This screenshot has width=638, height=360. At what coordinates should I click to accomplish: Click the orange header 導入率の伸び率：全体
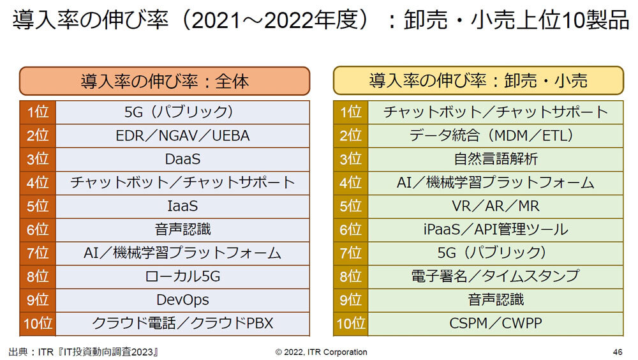coord(165,81)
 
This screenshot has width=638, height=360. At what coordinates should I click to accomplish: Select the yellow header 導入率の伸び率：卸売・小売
coord(478,81)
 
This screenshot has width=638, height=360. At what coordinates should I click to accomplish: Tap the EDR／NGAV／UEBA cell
coord(182,136)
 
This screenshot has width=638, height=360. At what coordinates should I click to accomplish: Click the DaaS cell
coord(182,160)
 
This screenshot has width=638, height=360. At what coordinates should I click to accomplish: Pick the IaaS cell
coord(182,206)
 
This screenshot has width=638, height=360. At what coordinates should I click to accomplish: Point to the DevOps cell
coord(182,299)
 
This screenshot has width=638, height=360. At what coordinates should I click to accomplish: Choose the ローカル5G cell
coord(182,276)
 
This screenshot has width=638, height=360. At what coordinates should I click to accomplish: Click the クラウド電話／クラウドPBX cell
coord(182,323)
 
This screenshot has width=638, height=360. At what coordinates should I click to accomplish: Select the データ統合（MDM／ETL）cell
coord(496,136)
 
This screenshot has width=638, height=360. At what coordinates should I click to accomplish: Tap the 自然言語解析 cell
coord(496,160)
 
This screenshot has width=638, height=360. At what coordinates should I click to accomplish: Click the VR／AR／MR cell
coord(496,206)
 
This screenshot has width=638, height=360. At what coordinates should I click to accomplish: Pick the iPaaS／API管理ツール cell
coord(496,230)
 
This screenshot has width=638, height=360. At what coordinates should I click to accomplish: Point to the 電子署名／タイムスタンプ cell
coord(496,276)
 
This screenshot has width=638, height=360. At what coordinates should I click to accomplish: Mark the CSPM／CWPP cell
coord(496,323)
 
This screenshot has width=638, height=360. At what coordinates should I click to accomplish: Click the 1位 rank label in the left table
coord(38,113)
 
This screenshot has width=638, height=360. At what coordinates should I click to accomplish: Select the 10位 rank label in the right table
coord(350,323)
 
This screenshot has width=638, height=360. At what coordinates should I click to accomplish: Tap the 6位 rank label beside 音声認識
coord(38,230)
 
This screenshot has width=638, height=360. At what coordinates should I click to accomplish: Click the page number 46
coord(617,352)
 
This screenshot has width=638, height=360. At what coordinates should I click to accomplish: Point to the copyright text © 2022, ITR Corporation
coord(321,352)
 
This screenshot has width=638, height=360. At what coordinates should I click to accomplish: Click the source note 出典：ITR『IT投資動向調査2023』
coord(84,352)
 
